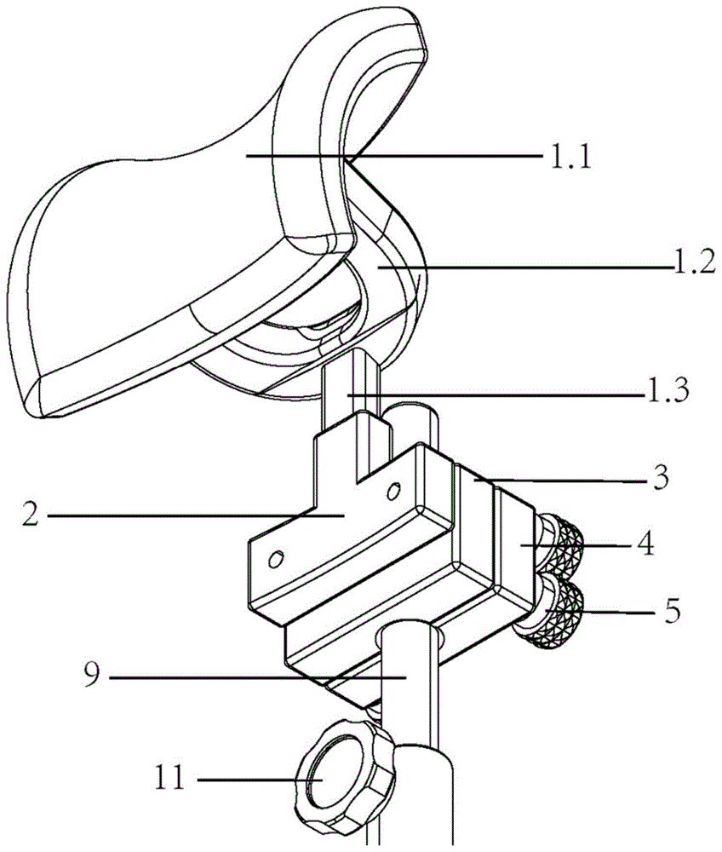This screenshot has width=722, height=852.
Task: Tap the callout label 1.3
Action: [x=668, y=389]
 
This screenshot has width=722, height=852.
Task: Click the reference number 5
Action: [x=671, y=612]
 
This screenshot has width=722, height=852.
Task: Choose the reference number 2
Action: [x=30, y=515]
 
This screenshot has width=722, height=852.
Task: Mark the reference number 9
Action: [x=92, y=676]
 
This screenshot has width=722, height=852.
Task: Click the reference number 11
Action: [x=170, y=780]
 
